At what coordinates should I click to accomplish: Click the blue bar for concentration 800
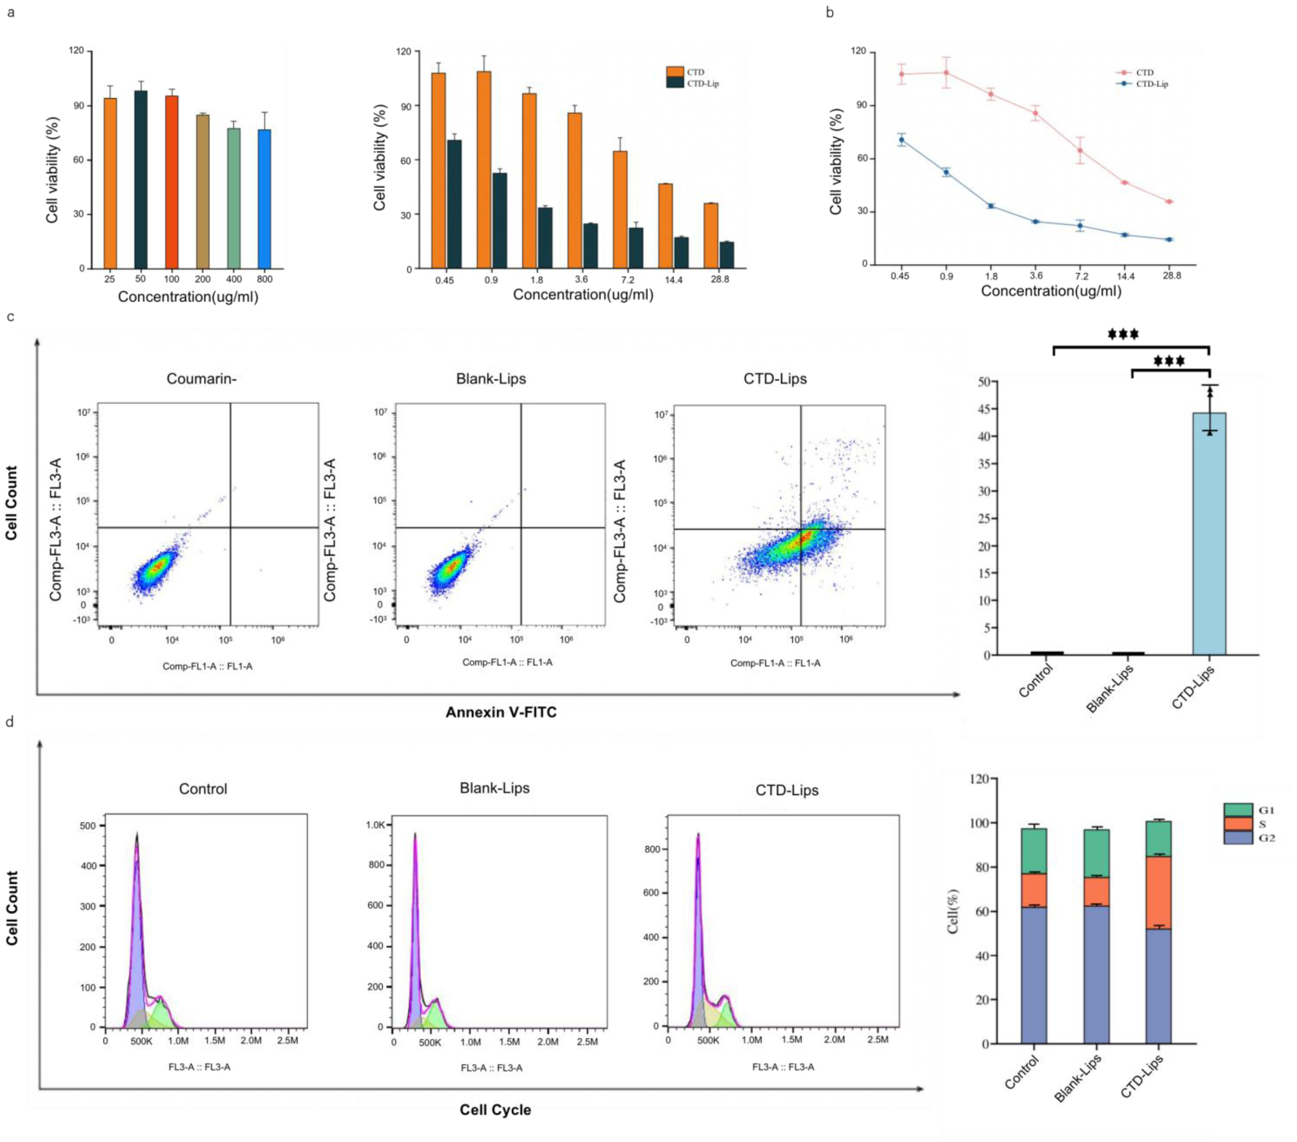click(x=264, y=199)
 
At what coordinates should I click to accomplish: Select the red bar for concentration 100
click(x=171, y=182)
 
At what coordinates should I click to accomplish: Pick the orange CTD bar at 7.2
click(x=620, y=210)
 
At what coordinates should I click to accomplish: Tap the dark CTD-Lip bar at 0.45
click(x=455, y=204)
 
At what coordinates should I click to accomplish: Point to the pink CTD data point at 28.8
click(x=1169, y=202)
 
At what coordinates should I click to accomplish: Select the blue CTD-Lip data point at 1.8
click(x=991, y=206)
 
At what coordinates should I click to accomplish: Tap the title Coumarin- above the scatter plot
click(x=201, y=379)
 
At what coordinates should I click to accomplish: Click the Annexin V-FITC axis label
click(x=501, y=712)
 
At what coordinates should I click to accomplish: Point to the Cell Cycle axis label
click(x=495, y=1110)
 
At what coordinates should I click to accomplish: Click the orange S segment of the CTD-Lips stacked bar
click(x=1158, y=893)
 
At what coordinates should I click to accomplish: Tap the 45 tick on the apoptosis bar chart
click(x=984, y=409)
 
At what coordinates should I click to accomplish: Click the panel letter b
click(x=830, y=12)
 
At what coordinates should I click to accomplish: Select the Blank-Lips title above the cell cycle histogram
click(x=495, y=788)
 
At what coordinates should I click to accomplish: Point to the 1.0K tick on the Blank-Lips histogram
click(x=375, y=825)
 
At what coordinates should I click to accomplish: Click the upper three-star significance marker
click(x=1123, y=335)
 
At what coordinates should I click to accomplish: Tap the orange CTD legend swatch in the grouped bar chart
click(x=675, y=72)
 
